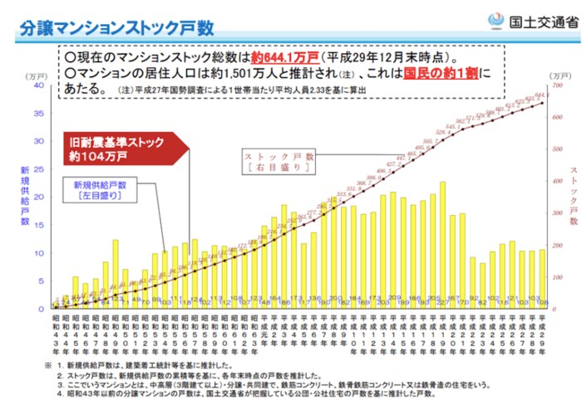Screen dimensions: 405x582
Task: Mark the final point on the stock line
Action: click(x=542, y=103)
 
